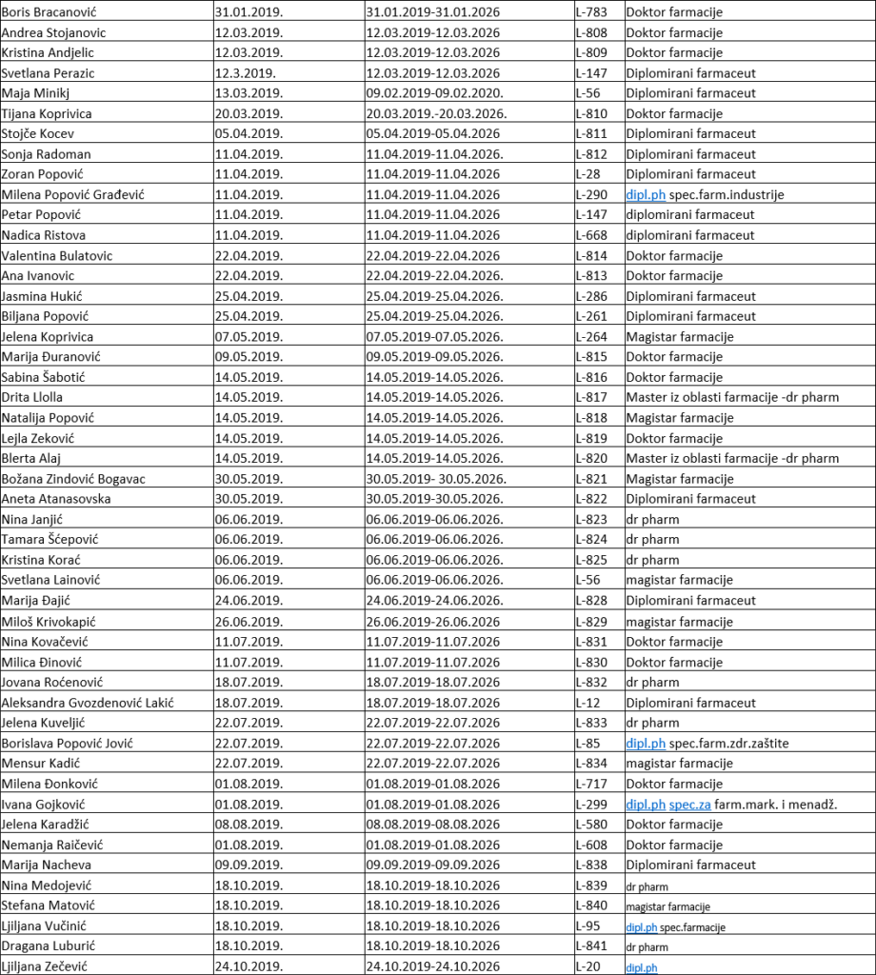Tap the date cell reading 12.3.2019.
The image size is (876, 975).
pyautogui.click(x=246, y=73)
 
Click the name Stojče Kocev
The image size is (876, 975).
pyautogui.click(x=37, y=134)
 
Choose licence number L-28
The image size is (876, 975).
pyautogui.click(x=587, y=174)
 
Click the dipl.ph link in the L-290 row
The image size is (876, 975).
pyautogui.click(x=646, y=195)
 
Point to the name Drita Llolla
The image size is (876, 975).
pyautogui.click(x=32, y=397)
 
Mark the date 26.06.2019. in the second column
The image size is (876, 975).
pyautogui.click(x=249, y=622)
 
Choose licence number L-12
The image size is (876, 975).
pyautogui.click(x=587, y=703)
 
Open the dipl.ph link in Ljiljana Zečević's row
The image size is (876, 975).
pyautogui.click(x=642, y=967)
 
